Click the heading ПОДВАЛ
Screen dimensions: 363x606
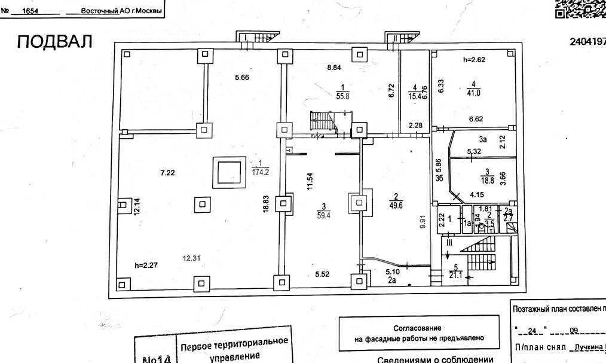tap(55, 42)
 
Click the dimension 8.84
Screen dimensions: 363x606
tap(335, 68)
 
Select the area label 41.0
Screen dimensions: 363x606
tap(474, 93)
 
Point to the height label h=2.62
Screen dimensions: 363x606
tap(476, 60)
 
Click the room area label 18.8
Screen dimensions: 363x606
tap(488, 179)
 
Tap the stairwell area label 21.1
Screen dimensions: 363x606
tap(457, 275)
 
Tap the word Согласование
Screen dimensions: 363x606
tap(417, 328)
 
